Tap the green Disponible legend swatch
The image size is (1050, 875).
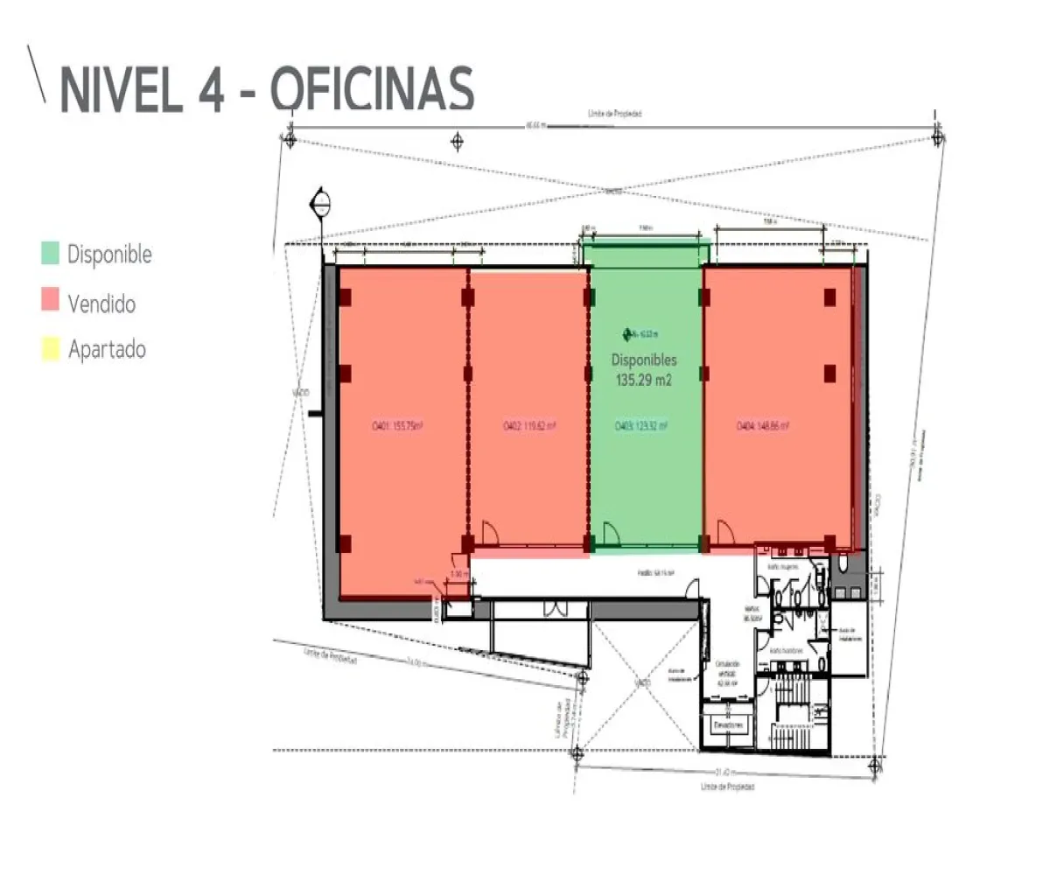[51, 255]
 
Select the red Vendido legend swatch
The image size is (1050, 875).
[51, 303]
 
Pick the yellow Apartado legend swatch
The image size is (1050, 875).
[51, 350]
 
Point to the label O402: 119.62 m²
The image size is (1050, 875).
[529, 427]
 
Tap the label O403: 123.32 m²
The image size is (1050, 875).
[641, 427]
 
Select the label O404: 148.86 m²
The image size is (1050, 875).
[763, 427]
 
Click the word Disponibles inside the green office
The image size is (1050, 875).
[644, 360]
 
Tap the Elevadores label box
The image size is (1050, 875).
[727, 726]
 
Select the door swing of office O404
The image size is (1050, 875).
[724, 532]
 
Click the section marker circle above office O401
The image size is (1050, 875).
[320, 205]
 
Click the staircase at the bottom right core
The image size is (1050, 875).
[798, 709]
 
